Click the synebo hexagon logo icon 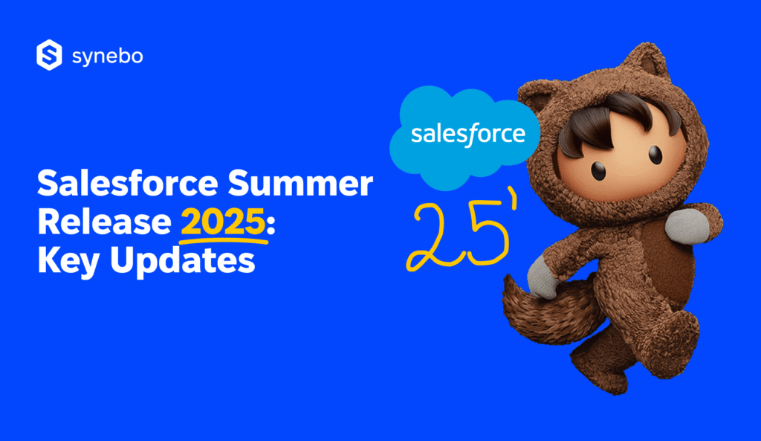48,57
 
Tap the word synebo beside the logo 108,57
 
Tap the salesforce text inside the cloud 467,135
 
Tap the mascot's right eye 654,155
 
